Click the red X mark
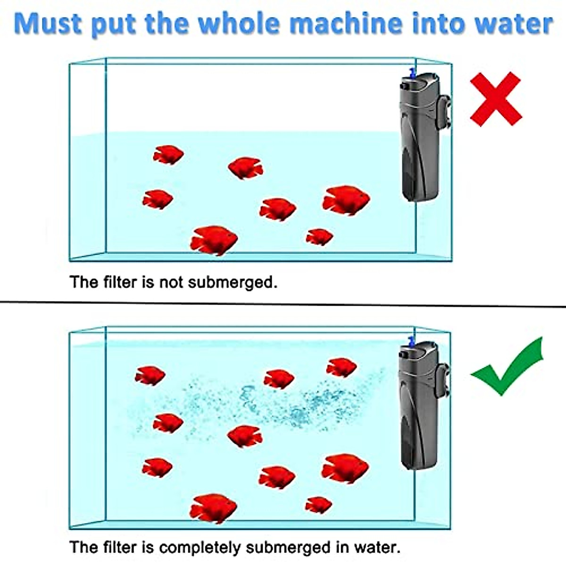pos(496,99)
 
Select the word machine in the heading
pos(347,24)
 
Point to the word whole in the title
pos(236,24)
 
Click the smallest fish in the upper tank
pos(319,236)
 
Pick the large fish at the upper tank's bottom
pos(214,240)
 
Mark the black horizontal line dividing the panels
pos(283,303)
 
